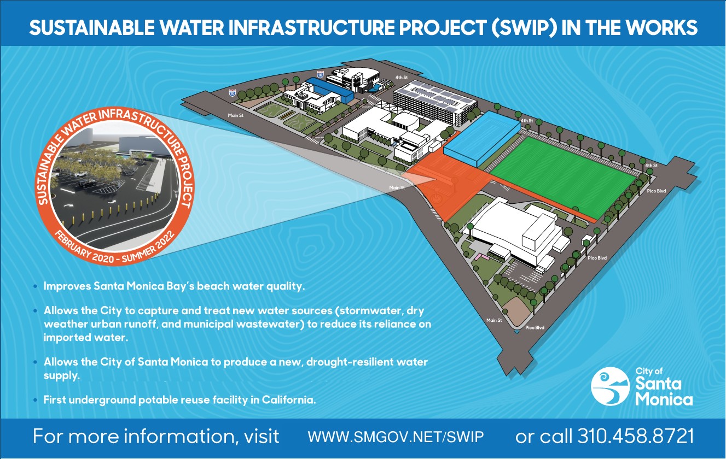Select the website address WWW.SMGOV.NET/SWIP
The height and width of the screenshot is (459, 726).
396,437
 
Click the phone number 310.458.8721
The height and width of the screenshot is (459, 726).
636,436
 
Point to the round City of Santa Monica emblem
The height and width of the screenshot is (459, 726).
609,386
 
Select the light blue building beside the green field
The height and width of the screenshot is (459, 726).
482,139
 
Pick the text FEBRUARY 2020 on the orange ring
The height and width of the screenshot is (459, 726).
84,248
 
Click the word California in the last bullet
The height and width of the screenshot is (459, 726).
288,400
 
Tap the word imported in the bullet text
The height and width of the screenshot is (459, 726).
66,338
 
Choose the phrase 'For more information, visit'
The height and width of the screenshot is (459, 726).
156,437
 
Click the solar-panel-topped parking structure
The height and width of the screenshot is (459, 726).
435,102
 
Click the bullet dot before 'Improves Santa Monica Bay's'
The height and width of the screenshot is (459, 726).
36,286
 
